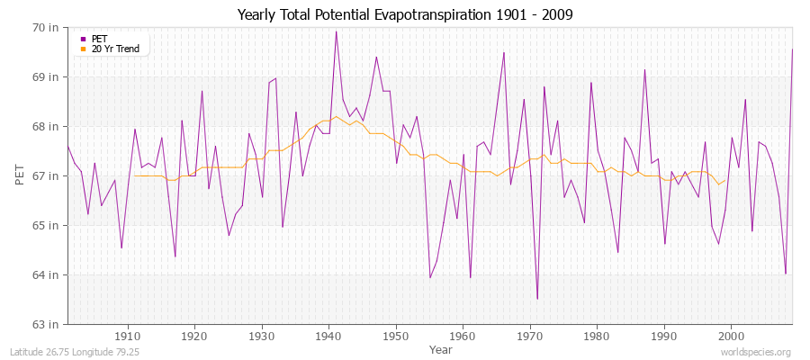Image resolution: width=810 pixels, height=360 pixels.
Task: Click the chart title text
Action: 405,14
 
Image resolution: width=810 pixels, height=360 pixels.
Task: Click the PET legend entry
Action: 99,39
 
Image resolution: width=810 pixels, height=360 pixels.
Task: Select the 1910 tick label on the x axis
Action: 128,337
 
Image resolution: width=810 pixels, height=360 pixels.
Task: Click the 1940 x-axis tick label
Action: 329,337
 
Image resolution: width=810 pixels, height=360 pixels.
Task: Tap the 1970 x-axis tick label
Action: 530,337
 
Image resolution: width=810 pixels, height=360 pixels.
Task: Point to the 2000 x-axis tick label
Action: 732,337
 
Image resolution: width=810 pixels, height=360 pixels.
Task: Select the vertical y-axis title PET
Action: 19,175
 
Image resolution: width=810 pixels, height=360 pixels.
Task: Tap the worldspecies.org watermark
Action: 760,351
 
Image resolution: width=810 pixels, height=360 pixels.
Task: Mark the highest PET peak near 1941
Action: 336,31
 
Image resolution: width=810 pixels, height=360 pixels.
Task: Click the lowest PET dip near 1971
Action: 537,299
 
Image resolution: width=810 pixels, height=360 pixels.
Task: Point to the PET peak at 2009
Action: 792,49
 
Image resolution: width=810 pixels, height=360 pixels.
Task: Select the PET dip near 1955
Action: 430,277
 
